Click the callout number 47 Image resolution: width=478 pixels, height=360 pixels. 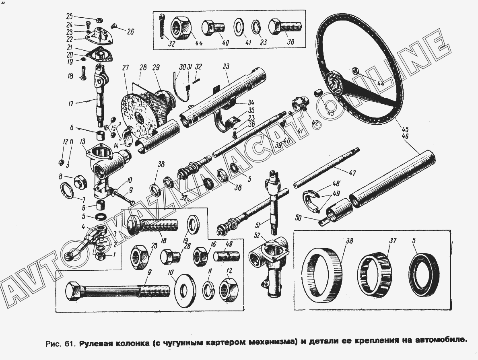coord(352,173)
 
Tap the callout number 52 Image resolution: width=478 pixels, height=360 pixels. coord(258,235)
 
